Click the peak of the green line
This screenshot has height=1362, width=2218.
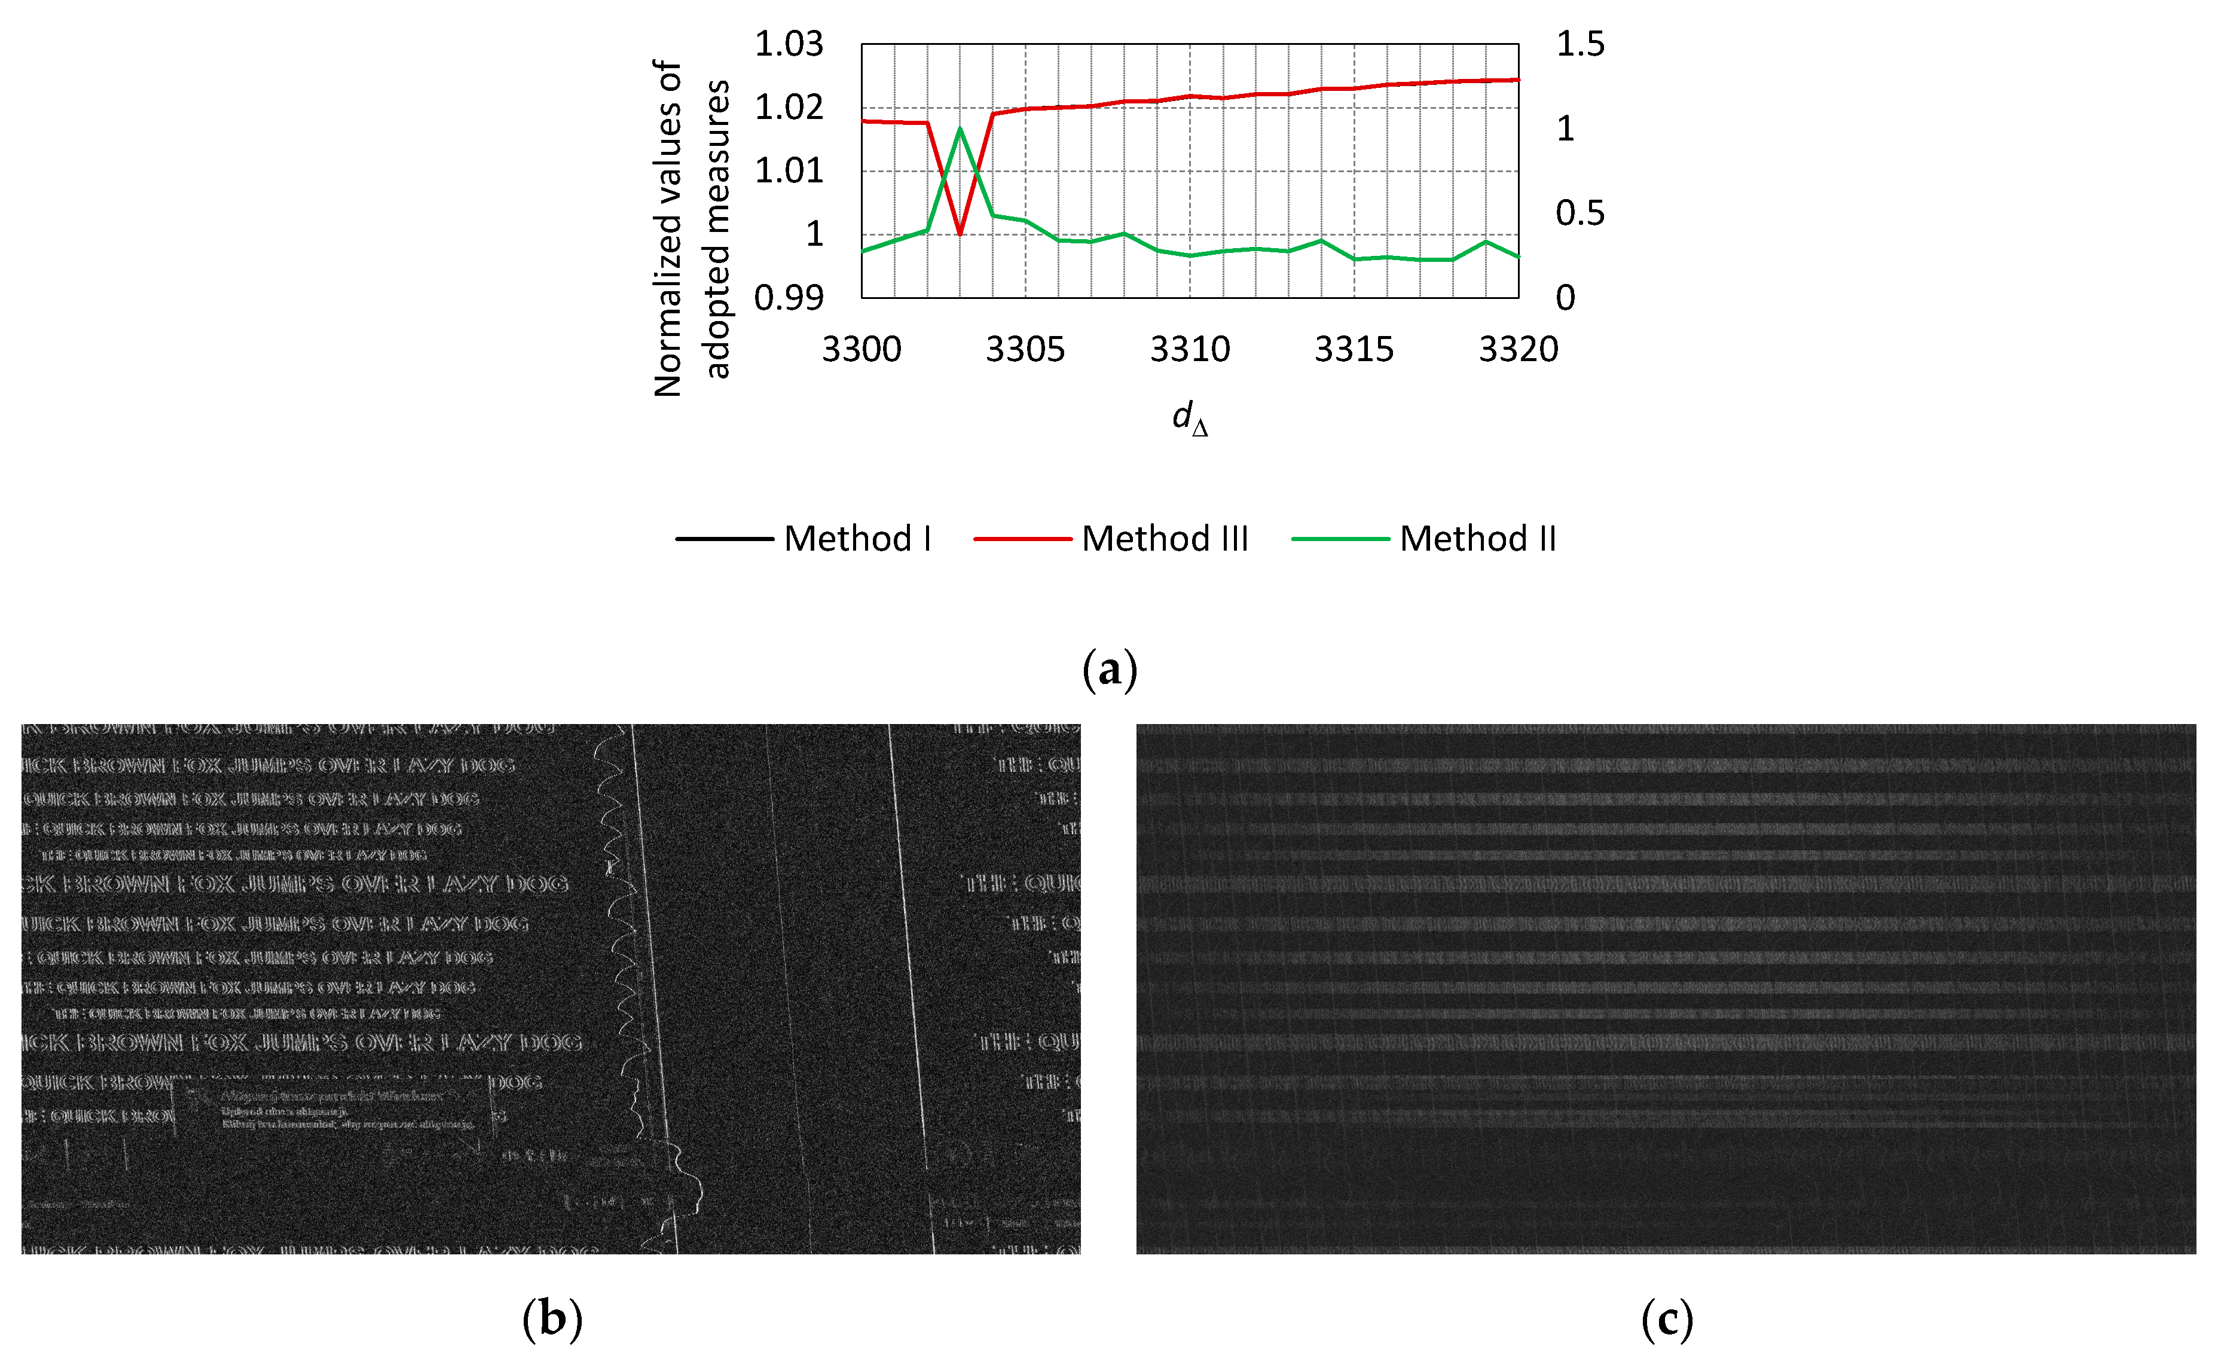click(960, 129)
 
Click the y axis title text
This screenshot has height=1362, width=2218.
click(690, 228)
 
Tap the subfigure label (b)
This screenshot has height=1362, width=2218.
click(552, 1320)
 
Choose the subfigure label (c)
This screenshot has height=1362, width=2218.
click(1666, 1320)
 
